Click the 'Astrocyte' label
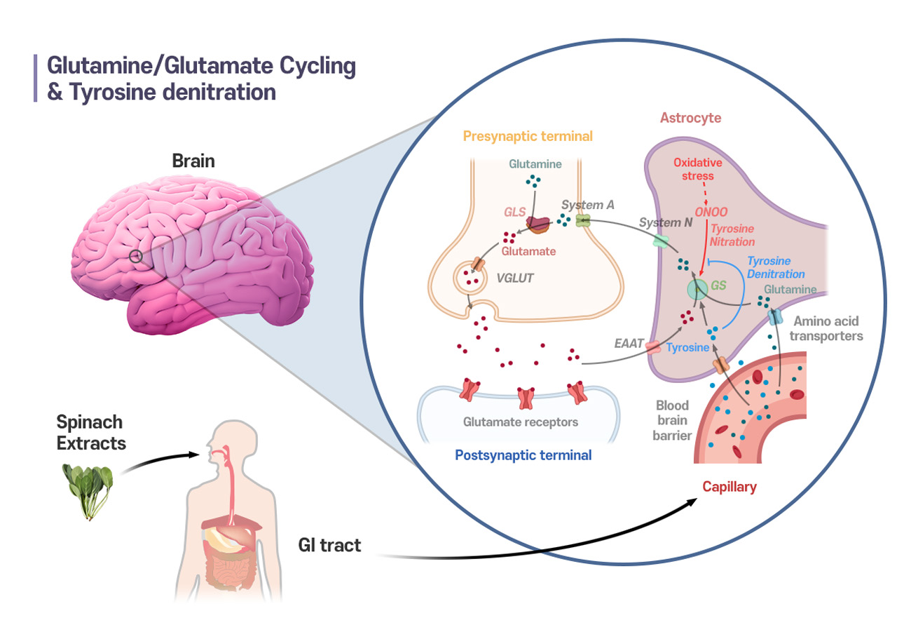click(x=690, y=118)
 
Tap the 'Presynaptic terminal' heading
click(x=528, y=136)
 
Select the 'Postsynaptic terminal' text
click(x=523, y=455)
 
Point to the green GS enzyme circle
click(x=697, y=290)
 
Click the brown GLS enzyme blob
click(x=537, y=224)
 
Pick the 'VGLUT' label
click(x=514, y=278)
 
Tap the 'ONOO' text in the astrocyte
click(x=711, y=212)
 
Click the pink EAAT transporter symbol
click(x=653, y=347)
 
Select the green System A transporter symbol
click(x=583, y=220)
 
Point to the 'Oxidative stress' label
click(x=697, y=169)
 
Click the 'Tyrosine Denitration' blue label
click(x=776, y=267)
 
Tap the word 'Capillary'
click(x=730, y=487)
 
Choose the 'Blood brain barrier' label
click(x=672, y=420)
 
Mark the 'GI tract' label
click(x=329, y=546)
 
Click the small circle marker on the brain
click(x=136, y=257)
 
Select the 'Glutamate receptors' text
click(x=520, y=422)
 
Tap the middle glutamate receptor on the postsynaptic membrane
click(x=526, y=398)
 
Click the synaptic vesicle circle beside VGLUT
click(x=470, y=278)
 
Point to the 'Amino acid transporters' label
click(x=826, y=328)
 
